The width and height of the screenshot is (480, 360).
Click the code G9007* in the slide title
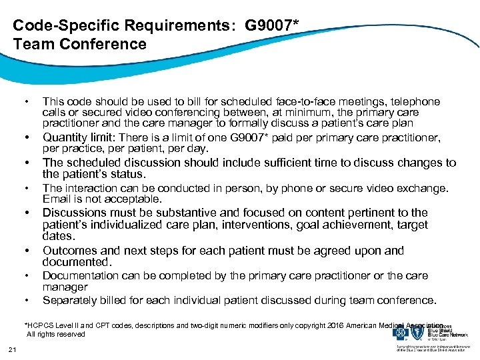coord(273,26)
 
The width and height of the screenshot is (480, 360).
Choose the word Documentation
coord(81,275)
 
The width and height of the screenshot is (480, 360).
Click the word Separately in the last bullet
coord(71,300)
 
